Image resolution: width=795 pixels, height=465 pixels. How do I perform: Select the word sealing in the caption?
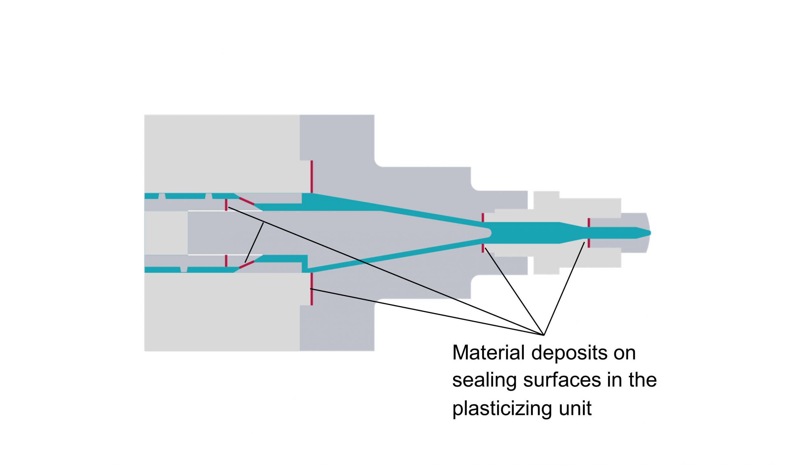(x=484, y=381)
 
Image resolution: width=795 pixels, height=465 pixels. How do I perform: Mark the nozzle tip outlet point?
(x=650, y=233)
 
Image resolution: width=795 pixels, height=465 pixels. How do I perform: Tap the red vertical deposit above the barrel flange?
(x=312, y=176)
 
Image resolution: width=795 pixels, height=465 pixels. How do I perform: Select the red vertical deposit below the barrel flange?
(x=312, y=289)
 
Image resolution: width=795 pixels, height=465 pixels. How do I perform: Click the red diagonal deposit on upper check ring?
(x=246, y=201)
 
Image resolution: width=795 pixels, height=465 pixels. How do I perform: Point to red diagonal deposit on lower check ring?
(x=246, y=265)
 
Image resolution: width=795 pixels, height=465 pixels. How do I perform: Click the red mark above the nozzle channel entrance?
(x=483, y=218)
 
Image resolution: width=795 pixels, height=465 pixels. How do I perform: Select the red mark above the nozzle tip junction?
(x=589, y=222)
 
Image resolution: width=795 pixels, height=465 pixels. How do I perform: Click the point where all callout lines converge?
(x=544, y=335)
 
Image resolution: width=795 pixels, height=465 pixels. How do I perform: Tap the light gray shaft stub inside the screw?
(x=166, y=233)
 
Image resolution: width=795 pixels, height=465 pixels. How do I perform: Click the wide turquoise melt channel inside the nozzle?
(x=524, y=233)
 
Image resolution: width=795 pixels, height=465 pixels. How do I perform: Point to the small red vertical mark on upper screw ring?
(x=226, y=205)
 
